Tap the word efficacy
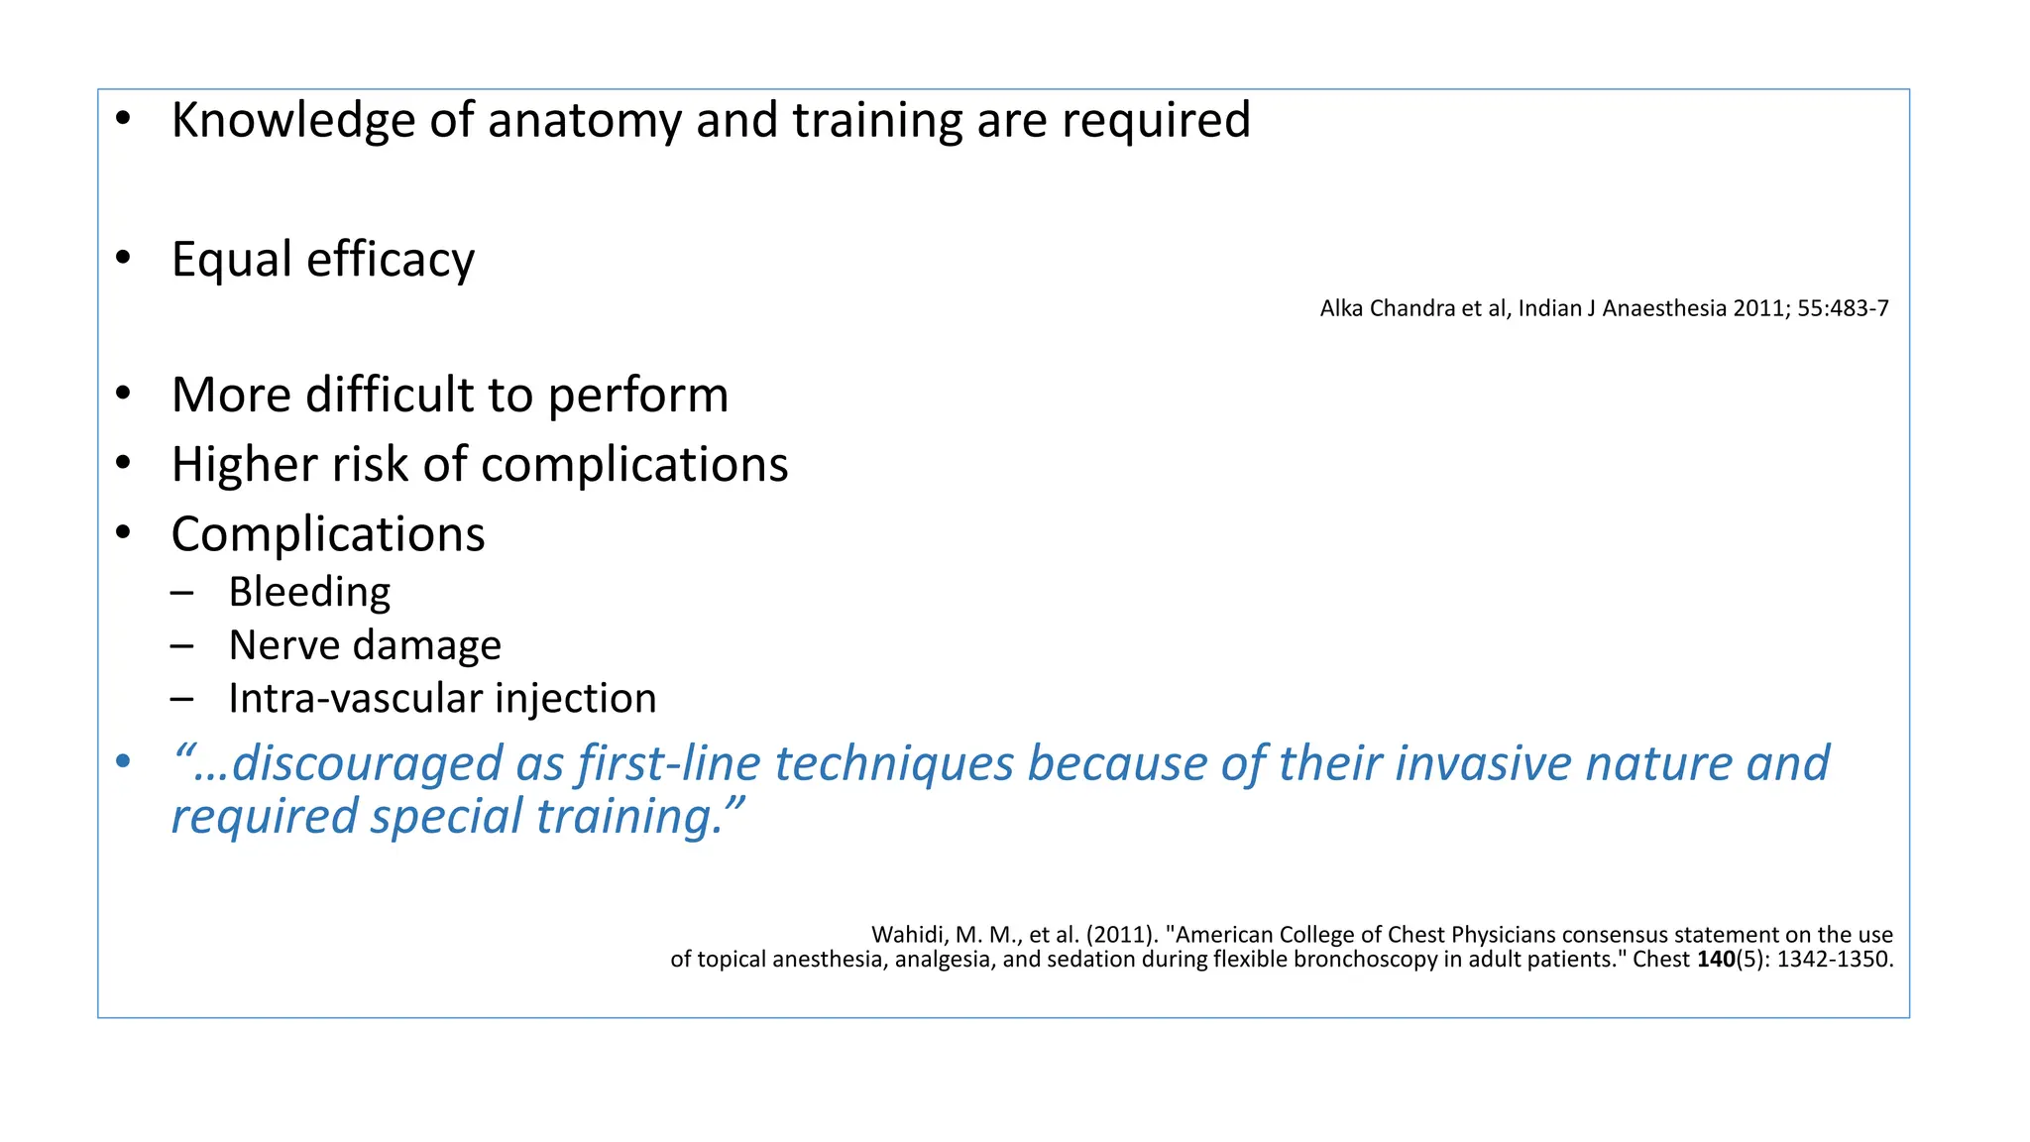point(391,260)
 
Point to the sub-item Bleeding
point(309,592)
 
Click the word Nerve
point(284,645)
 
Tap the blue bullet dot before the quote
point(123,762)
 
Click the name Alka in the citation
point(1341,308)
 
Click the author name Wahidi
point(909,935)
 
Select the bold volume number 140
point(1716,960)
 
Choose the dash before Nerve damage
point(181,646)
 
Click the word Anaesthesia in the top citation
point(1664,308)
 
